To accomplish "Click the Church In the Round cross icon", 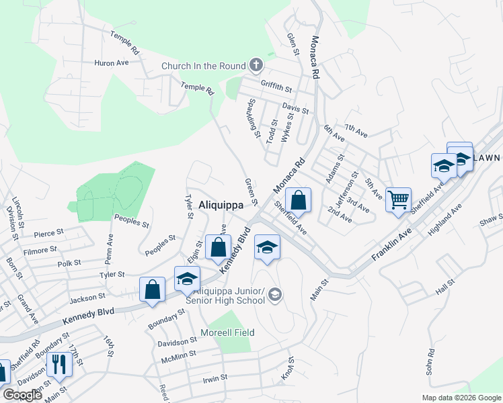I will [255, 66].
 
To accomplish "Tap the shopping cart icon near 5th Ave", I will [399, 199].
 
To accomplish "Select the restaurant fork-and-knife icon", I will [59, 364].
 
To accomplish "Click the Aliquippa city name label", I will [221, 206].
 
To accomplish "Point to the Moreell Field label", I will [227, 332].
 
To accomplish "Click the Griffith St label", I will [277, 88].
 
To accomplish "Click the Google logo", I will [22, 395].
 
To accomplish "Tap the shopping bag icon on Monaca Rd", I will [298, 199].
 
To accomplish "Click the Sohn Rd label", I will [429, 362].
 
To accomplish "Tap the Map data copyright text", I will [461, 398].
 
